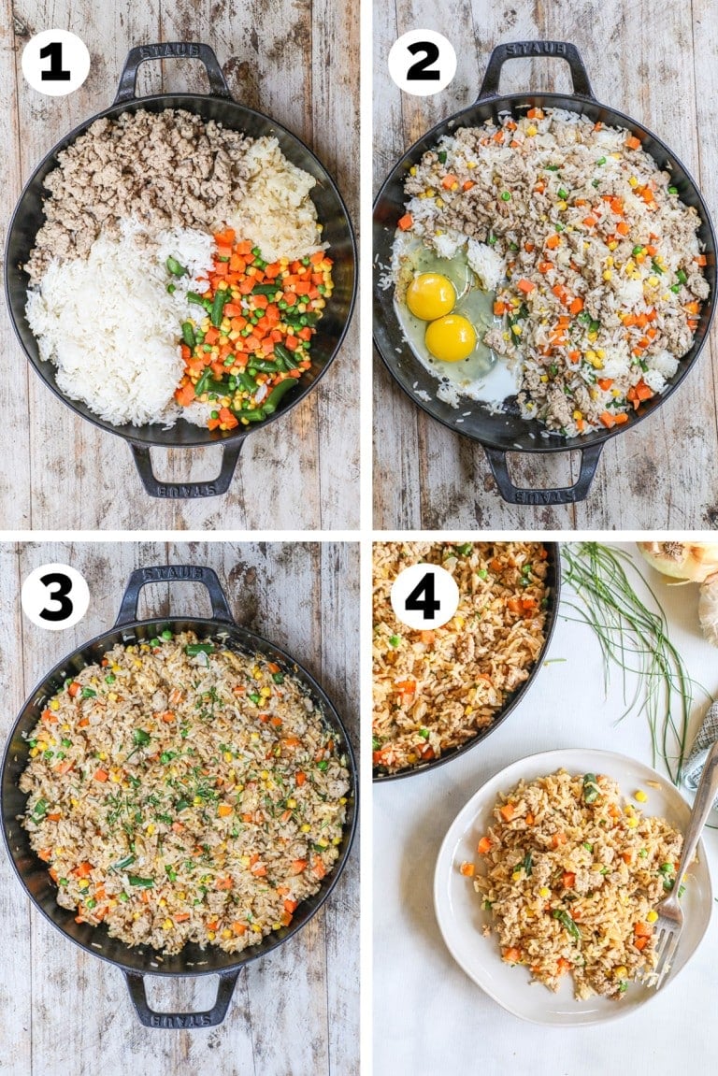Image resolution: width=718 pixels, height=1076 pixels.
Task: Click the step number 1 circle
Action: click(x=55, y=63)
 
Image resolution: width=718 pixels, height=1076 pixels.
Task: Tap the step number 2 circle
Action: click(x=422, y=63)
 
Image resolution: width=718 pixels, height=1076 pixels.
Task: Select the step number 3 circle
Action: click(x=55, y=596)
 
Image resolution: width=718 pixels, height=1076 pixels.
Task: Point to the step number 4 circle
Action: click(x=424, y=596)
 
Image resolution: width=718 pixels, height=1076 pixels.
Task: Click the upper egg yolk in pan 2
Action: click(x=431, y=295)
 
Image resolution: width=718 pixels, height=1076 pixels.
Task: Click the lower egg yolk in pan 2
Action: click(x=451, y=337)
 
